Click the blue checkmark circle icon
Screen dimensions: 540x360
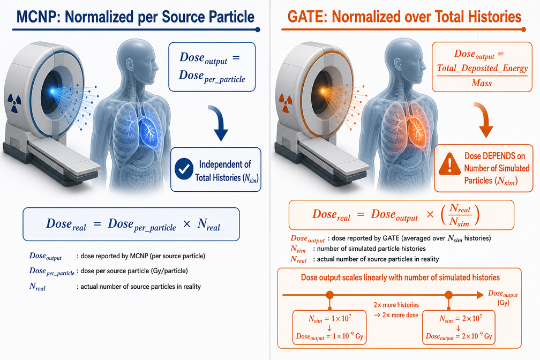point(184,169)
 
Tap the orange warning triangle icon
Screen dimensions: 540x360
point(449,163)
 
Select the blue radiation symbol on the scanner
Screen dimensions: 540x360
point(14,103)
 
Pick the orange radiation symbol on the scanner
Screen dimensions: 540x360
point(286,103)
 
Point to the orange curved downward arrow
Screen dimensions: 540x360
point(484,119)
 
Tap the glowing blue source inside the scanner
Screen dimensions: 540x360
point(52,91)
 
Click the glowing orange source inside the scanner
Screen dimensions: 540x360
point(323,91)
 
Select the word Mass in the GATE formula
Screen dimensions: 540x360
point(482,83)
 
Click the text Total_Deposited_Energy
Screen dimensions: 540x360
point(482,68)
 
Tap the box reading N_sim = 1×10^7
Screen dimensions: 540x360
point(329,327)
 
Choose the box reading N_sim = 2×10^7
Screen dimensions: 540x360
point(459,327)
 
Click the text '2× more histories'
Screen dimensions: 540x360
point(396,305)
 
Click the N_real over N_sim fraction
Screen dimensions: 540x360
point(460,215)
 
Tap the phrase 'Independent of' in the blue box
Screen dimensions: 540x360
point(225,164)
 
